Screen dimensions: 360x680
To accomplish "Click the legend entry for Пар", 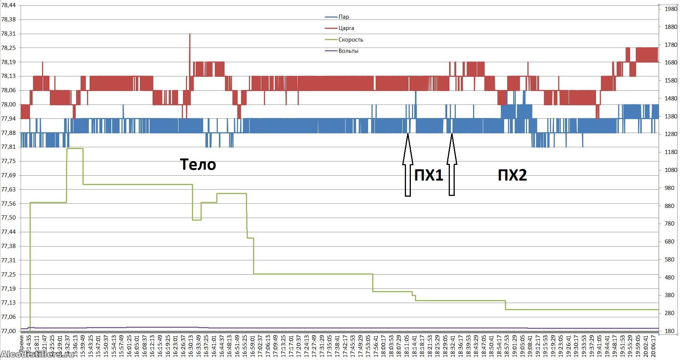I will (343, 17).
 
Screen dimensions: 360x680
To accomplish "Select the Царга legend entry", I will (346, 28).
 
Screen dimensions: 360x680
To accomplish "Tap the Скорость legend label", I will (350, 40).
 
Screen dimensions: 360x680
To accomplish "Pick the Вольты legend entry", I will (348, 51).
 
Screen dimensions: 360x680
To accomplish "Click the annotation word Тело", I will (198, 164).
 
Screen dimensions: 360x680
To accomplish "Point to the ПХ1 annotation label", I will (428, 175).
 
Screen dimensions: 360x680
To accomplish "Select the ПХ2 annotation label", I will (512, 175).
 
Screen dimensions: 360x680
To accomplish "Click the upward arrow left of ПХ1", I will (408, 165).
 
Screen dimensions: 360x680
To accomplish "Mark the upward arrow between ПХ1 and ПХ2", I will (452, 165).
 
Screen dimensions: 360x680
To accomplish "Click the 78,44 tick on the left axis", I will (9, 5).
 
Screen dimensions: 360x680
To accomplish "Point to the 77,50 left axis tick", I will (9, 218).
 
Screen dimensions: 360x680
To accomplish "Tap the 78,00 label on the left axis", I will (9, 105).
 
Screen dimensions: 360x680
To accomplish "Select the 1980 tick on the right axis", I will (671, 9).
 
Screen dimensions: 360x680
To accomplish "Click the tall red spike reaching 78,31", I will (190, 41).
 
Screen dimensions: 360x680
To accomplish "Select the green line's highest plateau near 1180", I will (75, 149).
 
